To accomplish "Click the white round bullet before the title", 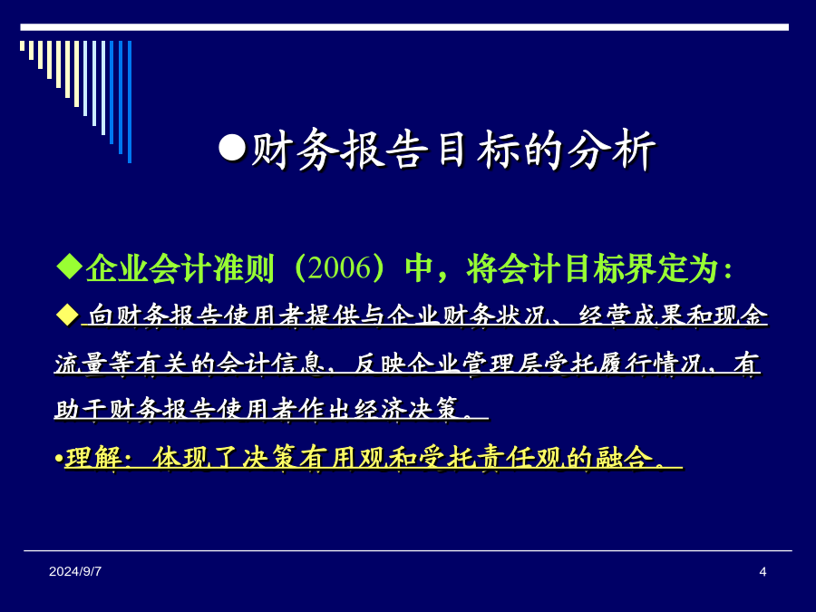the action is point(232,149).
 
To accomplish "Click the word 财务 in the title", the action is point(295,150).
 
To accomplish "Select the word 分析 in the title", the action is point(610,150).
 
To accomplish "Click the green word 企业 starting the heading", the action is point(118,268).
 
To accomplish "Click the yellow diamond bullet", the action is point(67,316).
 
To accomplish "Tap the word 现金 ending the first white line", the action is point(741,316).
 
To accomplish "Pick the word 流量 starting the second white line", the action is point(82,363).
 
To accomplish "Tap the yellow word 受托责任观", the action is point(491,458).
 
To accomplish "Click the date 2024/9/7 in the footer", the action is point(75,571).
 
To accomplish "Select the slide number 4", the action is point(763,571).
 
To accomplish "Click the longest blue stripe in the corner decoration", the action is point(130,102).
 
